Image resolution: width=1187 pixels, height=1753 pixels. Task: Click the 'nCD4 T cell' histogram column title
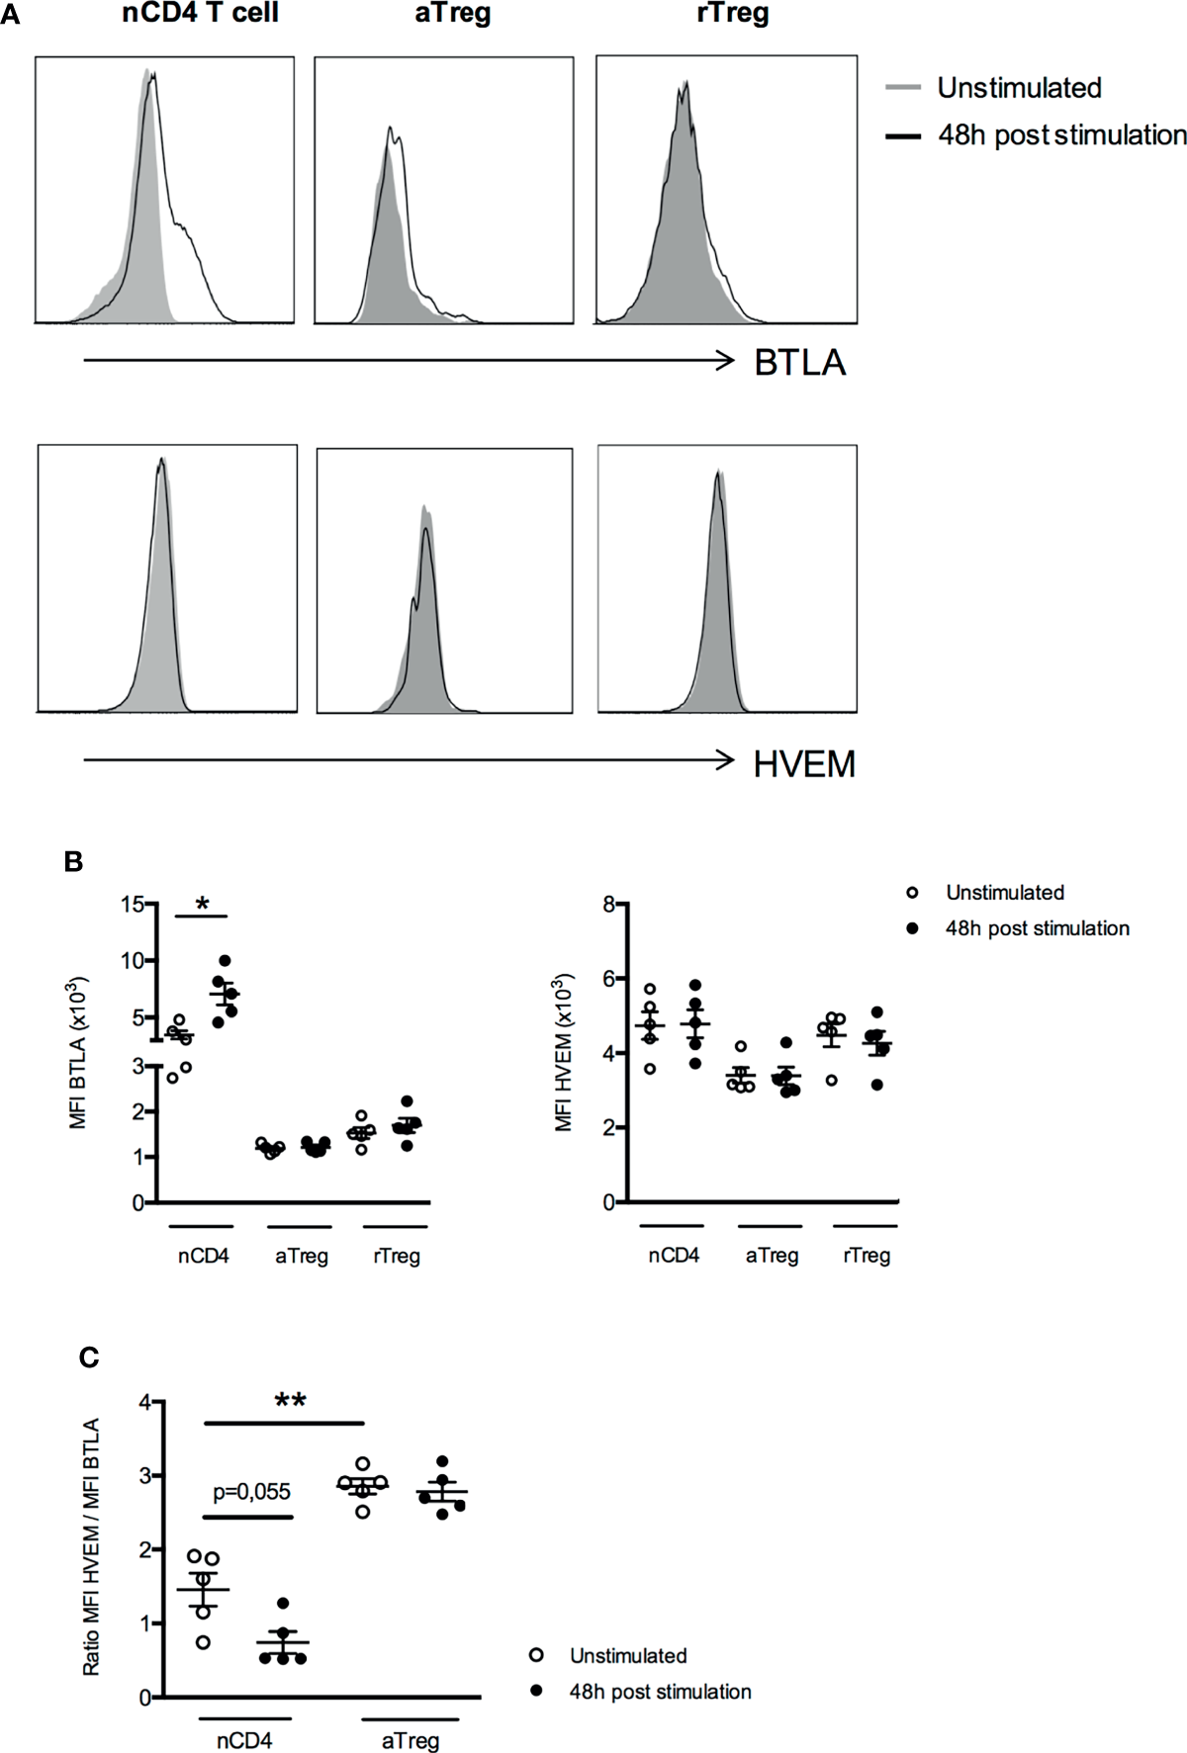(200, 14)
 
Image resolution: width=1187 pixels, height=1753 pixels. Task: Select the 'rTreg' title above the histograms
(732, 14)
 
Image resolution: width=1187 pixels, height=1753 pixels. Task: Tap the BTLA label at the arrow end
(799, 363)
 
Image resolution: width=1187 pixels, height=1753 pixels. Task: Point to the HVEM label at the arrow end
(803, 764)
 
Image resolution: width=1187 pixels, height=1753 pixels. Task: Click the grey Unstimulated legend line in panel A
(903, 88)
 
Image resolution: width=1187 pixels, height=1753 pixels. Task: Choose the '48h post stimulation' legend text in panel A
(1061, 135)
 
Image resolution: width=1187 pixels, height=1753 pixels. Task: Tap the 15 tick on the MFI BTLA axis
(133, 903)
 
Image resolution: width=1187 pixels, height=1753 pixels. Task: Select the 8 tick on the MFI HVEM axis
(609, 903)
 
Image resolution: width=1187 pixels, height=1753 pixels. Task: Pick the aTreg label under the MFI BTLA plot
(301, 1256)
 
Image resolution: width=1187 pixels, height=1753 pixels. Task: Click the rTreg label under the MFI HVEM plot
(867, 1256)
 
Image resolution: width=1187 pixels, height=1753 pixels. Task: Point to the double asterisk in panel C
(290, 1401)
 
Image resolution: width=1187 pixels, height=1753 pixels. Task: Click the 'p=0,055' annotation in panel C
(251, 1492)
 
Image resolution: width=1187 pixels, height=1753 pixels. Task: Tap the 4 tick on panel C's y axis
(145, 1402)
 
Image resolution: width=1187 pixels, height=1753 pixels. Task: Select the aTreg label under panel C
(410, 1740)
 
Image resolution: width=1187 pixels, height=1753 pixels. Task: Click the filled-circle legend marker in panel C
(537, 1692)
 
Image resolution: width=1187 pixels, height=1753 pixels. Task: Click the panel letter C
(89, 1358)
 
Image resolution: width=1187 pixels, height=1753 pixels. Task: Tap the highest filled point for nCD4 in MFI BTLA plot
(225, 960)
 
